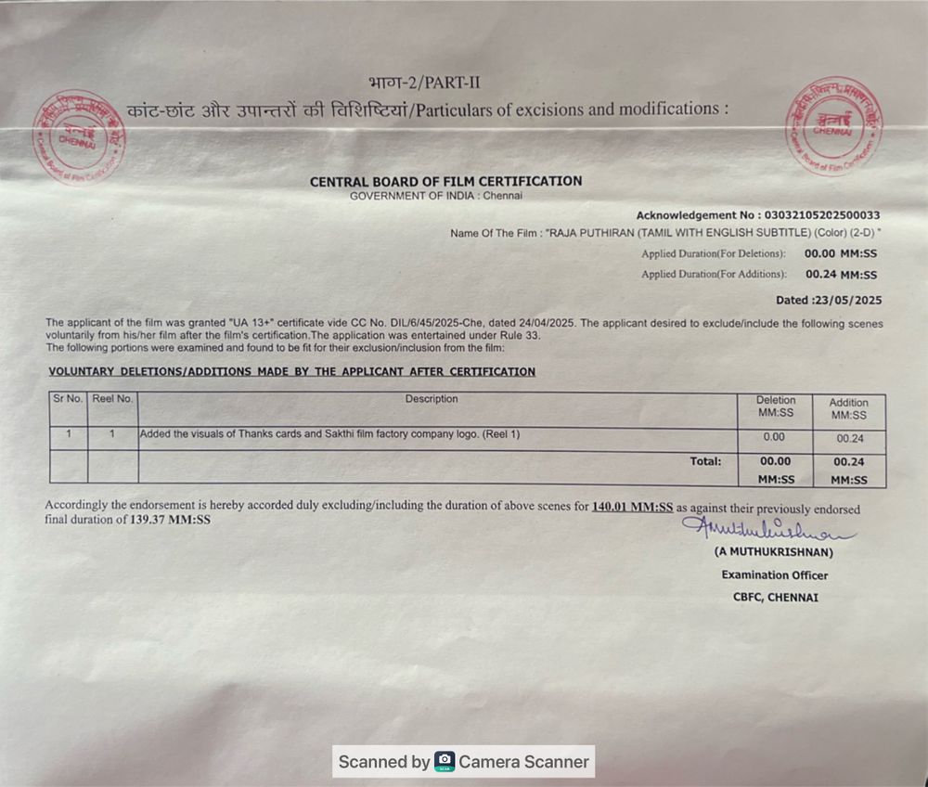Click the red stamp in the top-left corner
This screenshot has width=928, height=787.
point(80,138)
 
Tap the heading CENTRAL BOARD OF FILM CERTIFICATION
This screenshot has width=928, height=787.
point(445,181)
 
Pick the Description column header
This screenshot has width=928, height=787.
point(432,399)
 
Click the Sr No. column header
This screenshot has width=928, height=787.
point(68,399)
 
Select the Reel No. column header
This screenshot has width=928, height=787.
point(112,399)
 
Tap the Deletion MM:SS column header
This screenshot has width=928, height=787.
point(775,406)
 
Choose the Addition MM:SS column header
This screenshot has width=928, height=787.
point(848,408)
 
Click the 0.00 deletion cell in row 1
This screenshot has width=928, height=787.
point(774,437)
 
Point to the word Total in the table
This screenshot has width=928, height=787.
point(705,460)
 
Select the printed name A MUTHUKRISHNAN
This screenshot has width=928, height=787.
point(773,552)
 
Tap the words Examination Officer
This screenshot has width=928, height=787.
point(774,574)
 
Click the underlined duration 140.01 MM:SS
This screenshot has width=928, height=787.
point(632,508)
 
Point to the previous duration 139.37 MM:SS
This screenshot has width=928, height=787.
point(170,521)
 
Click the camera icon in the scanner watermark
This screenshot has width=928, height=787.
point(445,762)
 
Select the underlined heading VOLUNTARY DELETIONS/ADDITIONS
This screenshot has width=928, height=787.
point(291,371)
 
